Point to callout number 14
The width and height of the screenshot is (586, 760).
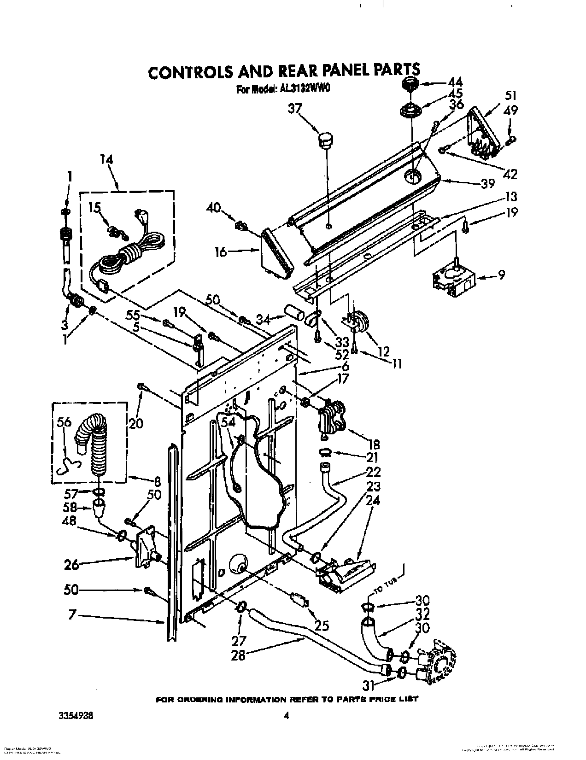pos(106,159)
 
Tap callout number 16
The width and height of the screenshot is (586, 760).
pos(221,252)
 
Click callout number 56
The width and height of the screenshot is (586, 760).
pos(64,423)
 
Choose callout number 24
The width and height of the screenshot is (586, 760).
pos(373,500)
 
